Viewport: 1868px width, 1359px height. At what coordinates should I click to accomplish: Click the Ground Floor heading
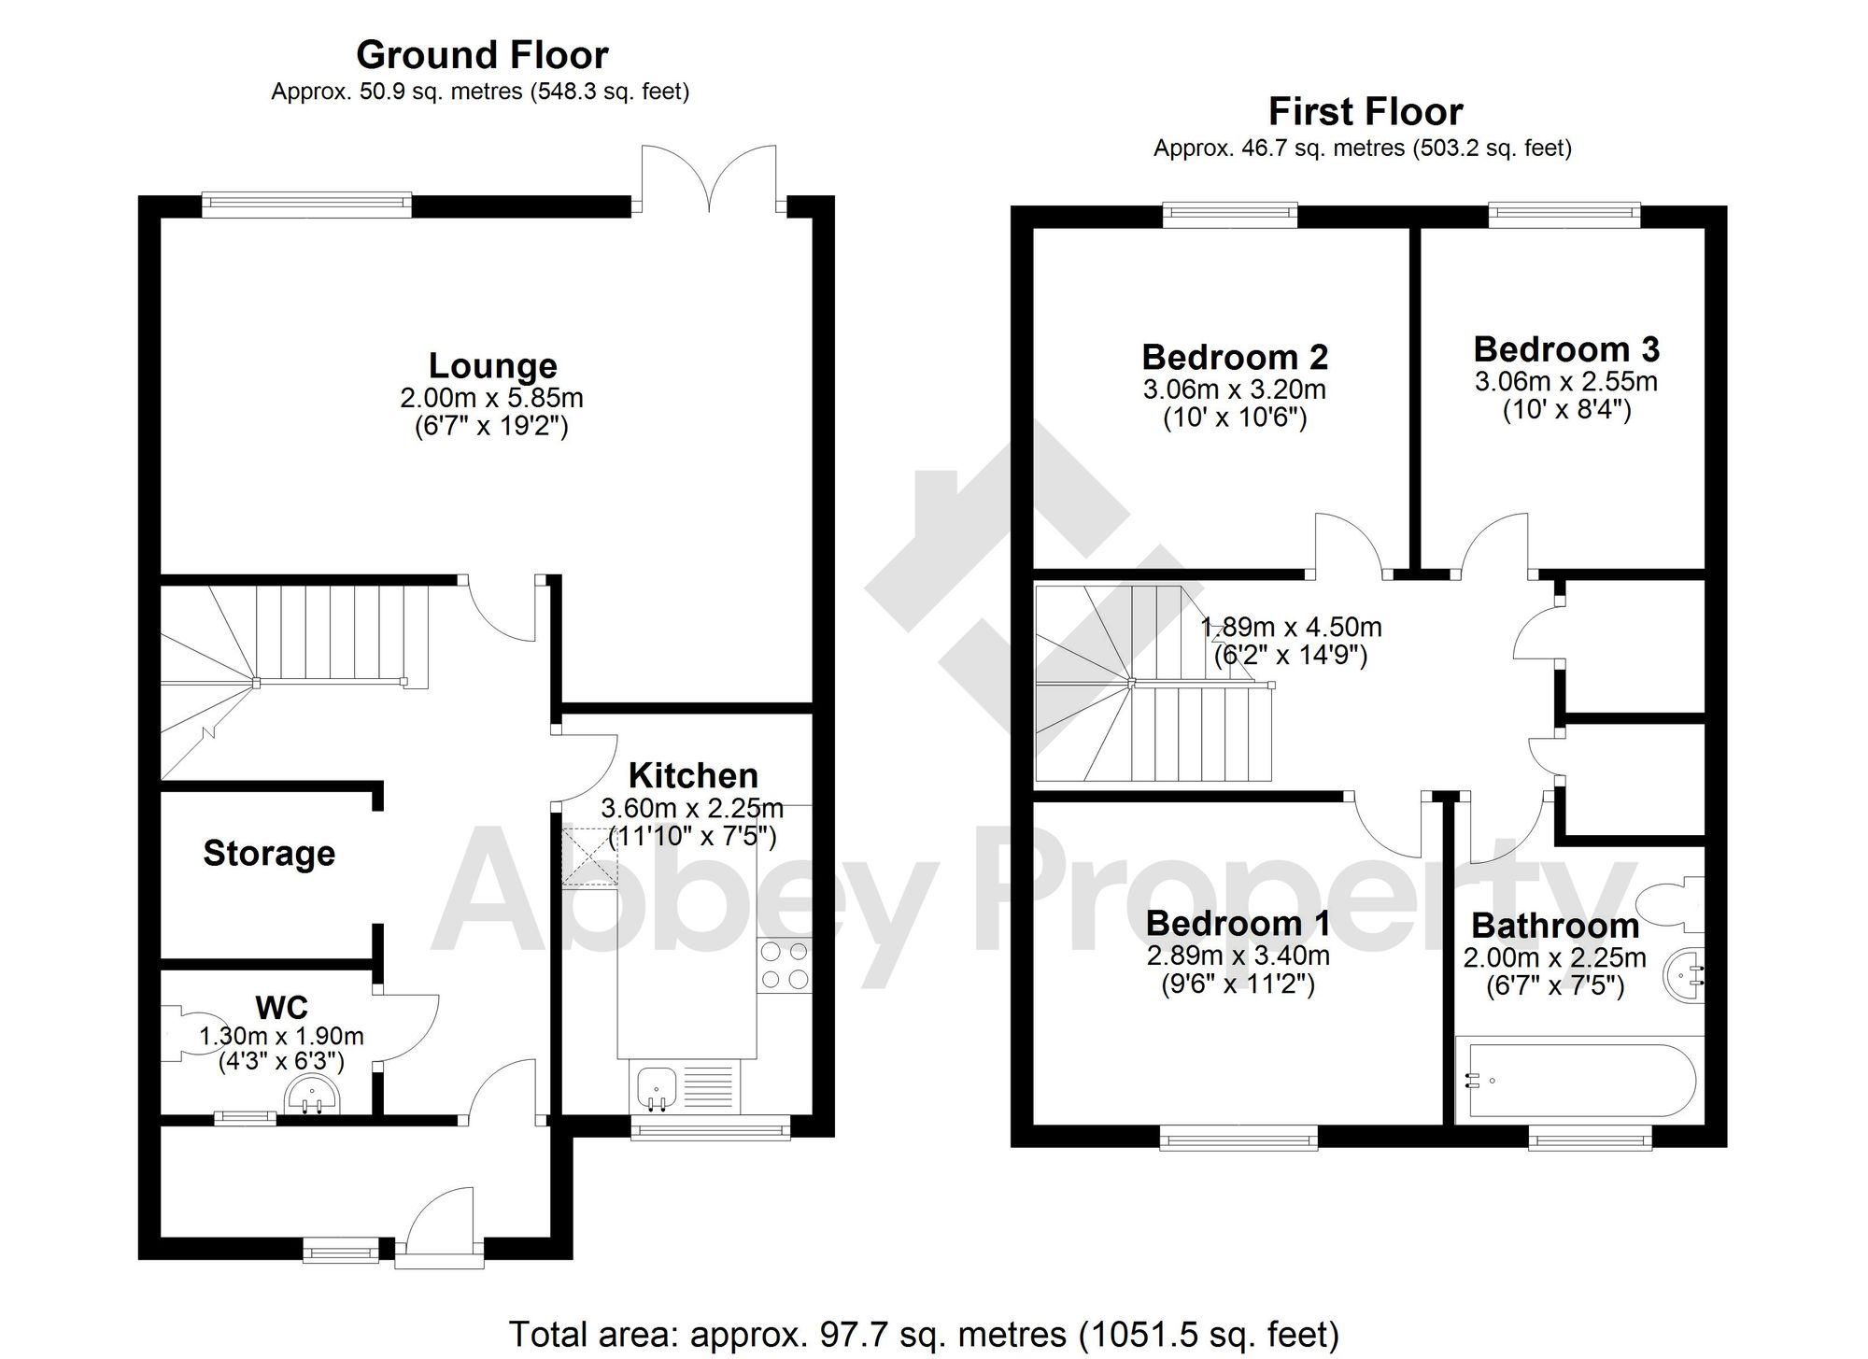(482, 56)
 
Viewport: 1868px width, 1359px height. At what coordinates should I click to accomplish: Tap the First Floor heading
(1365, 112)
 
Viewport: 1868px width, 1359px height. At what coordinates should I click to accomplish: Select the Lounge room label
(492, 365)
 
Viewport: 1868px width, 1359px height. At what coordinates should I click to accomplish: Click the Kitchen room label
(693, 775)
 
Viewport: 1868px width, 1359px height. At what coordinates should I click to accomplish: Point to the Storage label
(269, 853)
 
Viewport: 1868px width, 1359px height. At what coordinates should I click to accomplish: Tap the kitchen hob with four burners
(785, 966)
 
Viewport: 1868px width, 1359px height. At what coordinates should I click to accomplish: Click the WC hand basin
(314, 1097)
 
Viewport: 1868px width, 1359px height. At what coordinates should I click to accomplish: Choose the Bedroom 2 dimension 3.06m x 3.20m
(1234, 389)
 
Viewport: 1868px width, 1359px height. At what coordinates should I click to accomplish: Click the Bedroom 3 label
(1566, 349)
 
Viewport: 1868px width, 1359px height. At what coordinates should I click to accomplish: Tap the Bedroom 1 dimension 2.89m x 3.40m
(1238, 956)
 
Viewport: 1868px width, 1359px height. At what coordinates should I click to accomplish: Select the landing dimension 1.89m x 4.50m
(1291, 627)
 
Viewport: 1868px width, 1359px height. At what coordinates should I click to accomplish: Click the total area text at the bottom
(923, 1334)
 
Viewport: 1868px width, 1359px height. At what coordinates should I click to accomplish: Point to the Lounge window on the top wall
(306, 205)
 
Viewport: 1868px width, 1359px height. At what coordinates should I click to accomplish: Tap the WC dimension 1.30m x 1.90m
(281, 1036)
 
